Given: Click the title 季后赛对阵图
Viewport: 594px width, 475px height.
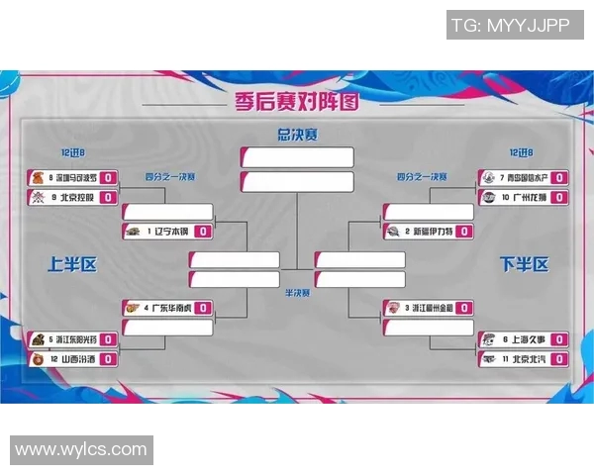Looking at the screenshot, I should click(296, 101).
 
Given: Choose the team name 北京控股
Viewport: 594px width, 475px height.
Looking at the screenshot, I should click(75, 197).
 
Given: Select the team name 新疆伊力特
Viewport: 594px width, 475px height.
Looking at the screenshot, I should click(431, 232).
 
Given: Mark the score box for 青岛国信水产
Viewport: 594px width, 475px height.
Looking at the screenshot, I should click(558, 178).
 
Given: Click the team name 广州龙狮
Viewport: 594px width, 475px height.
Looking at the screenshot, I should click(526, 197).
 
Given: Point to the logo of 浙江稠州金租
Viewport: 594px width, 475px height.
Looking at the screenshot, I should click(394, 309).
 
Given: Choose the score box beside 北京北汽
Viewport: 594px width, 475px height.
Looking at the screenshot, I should click(558, 359).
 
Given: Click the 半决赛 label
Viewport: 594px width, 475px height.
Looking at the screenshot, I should click(296, 293).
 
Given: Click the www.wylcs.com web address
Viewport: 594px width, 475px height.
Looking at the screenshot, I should click(81, 449).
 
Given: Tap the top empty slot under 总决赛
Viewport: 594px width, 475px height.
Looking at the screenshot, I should click(296, 156).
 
